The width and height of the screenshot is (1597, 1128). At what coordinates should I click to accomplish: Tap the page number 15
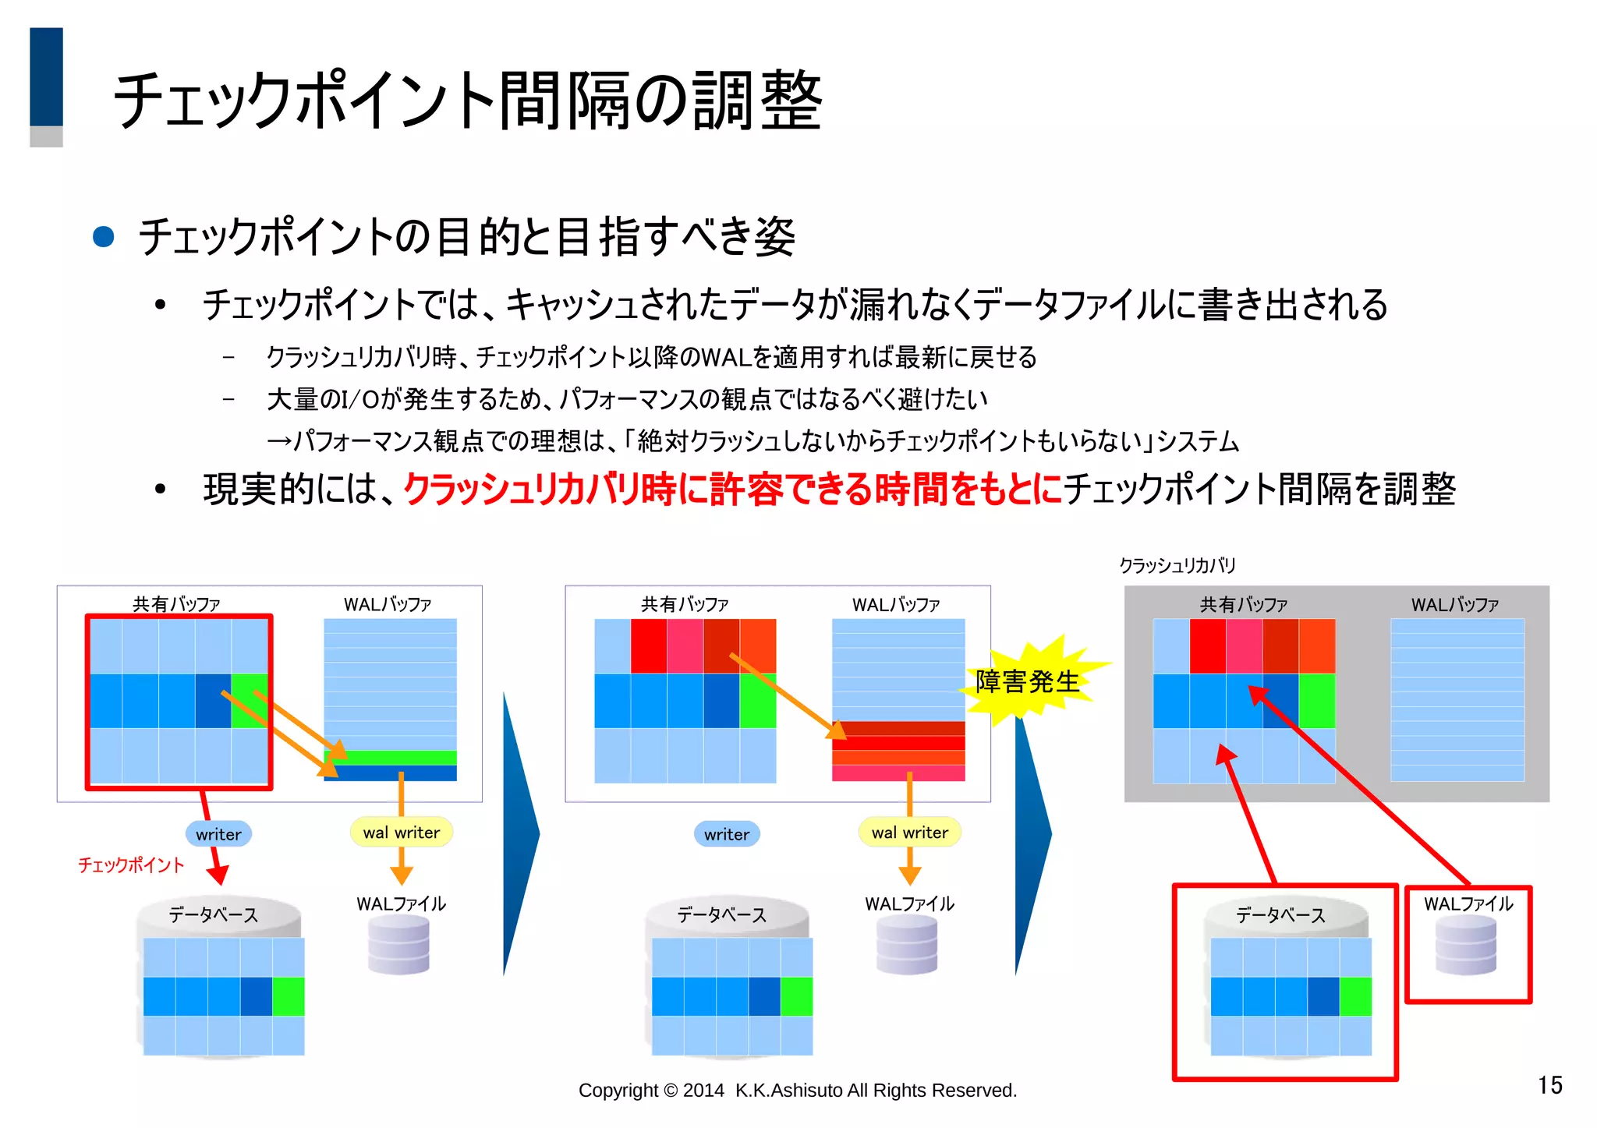(x=1549, y=1085)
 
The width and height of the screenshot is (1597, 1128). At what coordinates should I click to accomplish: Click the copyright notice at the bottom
(x=797, y=1090)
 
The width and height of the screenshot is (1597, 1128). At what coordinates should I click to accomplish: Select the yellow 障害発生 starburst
(x=1027, y=681)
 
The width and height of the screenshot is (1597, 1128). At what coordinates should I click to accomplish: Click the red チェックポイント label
(x=131, y=865)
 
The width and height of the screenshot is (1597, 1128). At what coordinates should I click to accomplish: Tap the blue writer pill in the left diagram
(x=218, y=834)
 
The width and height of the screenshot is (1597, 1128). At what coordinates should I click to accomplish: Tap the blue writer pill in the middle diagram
(x=726, y=834)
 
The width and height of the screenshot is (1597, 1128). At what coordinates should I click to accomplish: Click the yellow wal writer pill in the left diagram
(x=401, y=832)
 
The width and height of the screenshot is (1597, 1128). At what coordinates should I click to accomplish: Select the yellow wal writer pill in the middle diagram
(x=909, y=832)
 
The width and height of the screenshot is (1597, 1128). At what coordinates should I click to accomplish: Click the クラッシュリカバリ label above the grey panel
(x=1177, y=565)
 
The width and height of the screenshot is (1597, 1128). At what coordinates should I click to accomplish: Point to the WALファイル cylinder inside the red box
(x=1466, y=945)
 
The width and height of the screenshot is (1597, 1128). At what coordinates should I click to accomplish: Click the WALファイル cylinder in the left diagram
(x=398, y=945)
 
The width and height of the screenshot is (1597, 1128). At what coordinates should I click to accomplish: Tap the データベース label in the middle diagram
(x=721, y=914)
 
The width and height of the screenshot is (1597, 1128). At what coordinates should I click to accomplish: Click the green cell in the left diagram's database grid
(x=288, y=996)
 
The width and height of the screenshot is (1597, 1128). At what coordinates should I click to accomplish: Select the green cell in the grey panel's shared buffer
(x=1316, y=701)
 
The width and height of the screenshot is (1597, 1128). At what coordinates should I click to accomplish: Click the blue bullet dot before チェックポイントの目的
(x=104, y=236)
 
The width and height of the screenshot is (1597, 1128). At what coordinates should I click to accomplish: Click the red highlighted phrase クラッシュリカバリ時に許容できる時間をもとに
(x=733, y=490)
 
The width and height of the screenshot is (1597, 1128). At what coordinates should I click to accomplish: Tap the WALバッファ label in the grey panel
(x=1454, y=604)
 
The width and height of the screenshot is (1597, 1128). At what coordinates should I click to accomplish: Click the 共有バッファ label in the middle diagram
(x=684, y=604)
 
